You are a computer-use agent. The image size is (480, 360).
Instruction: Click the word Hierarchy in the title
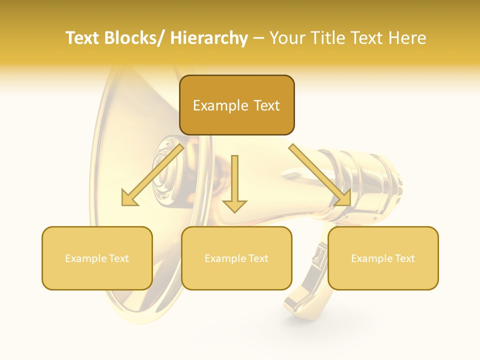pos(209,38)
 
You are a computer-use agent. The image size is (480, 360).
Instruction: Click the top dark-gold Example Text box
pos(236,105)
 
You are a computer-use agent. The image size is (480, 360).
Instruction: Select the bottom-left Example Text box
pos(97,258)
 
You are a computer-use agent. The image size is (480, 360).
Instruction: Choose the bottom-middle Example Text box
pos(236,258)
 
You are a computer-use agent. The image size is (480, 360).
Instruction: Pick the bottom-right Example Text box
pos(383,258)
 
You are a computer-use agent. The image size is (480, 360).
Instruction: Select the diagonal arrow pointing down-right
pos(320,175)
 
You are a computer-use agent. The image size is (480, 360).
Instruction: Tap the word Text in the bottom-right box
pos(404,258)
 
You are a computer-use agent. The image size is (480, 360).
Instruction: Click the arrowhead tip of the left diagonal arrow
pos(123,204)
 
